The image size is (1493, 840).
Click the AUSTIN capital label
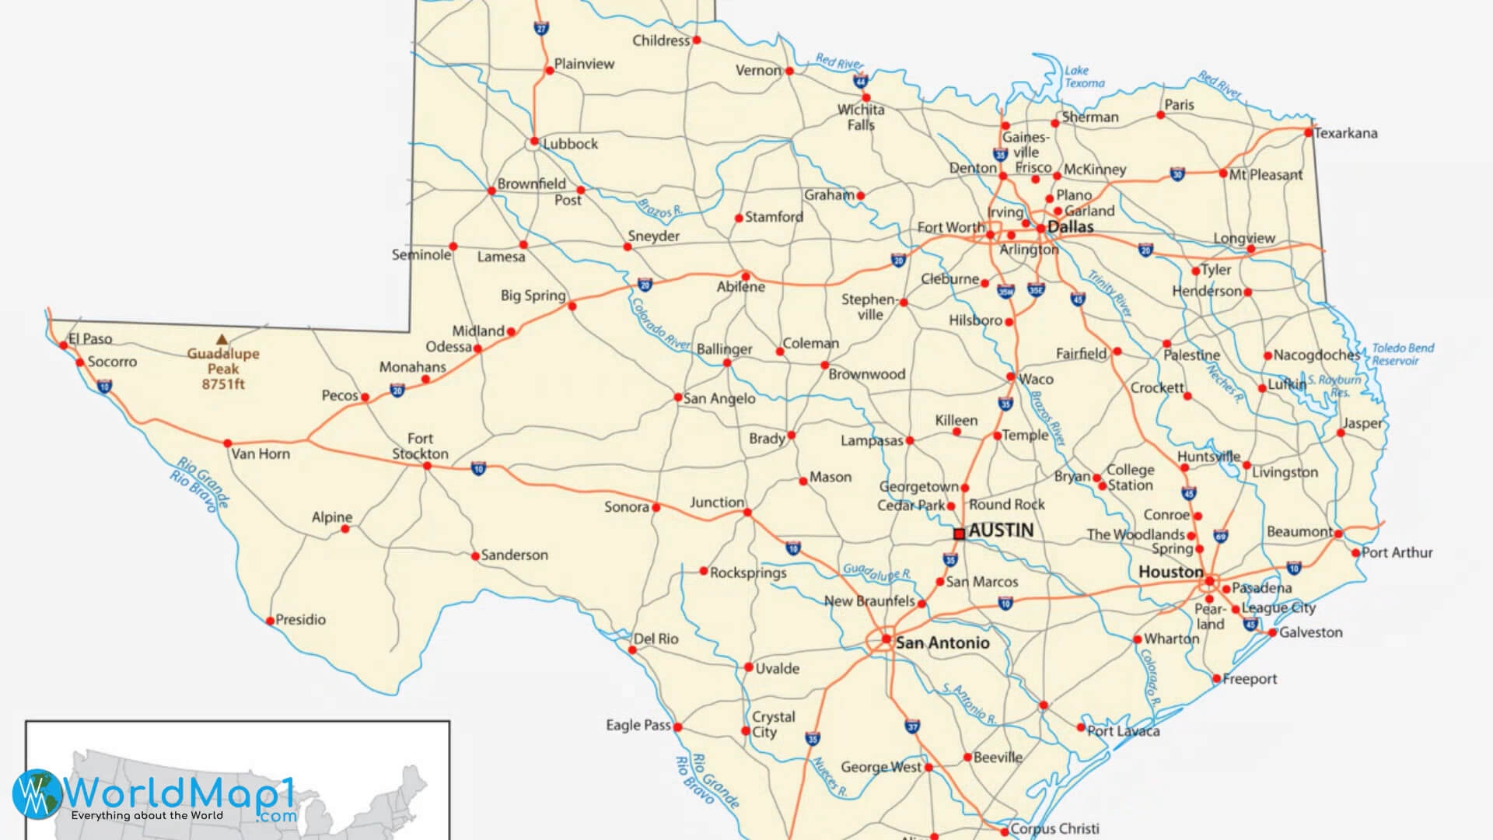point(1001,530)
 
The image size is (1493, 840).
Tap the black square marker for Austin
point(959,534)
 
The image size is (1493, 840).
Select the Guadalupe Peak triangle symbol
point(222,339)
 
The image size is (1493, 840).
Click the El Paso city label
point(91,338)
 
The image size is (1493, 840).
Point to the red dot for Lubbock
point(533,142)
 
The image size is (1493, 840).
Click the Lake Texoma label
point(1084,76)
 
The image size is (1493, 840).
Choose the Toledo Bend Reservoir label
point(1402,354)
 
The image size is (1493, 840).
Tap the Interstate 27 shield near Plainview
point(541,29)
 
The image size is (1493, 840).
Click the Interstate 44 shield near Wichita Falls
point(859,81)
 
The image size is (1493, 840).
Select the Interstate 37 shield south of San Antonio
point(912,726)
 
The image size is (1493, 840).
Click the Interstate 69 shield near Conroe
point(1221,536)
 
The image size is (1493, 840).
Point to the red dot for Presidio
point(271,621)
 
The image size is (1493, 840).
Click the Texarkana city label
point(1345,133)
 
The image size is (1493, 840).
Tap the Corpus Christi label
point(1054,828)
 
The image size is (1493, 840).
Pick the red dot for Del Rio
point(632,649)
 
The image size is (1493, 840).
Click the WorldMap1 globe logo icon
point(37,794)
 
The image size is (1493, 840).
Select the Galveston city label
point(1310,632)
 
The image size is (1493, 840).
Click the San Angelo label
point(719,398)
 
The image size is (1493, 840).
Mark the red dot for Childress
point(697,40)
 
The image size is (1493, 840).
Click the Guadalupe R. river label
point(876,572)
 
